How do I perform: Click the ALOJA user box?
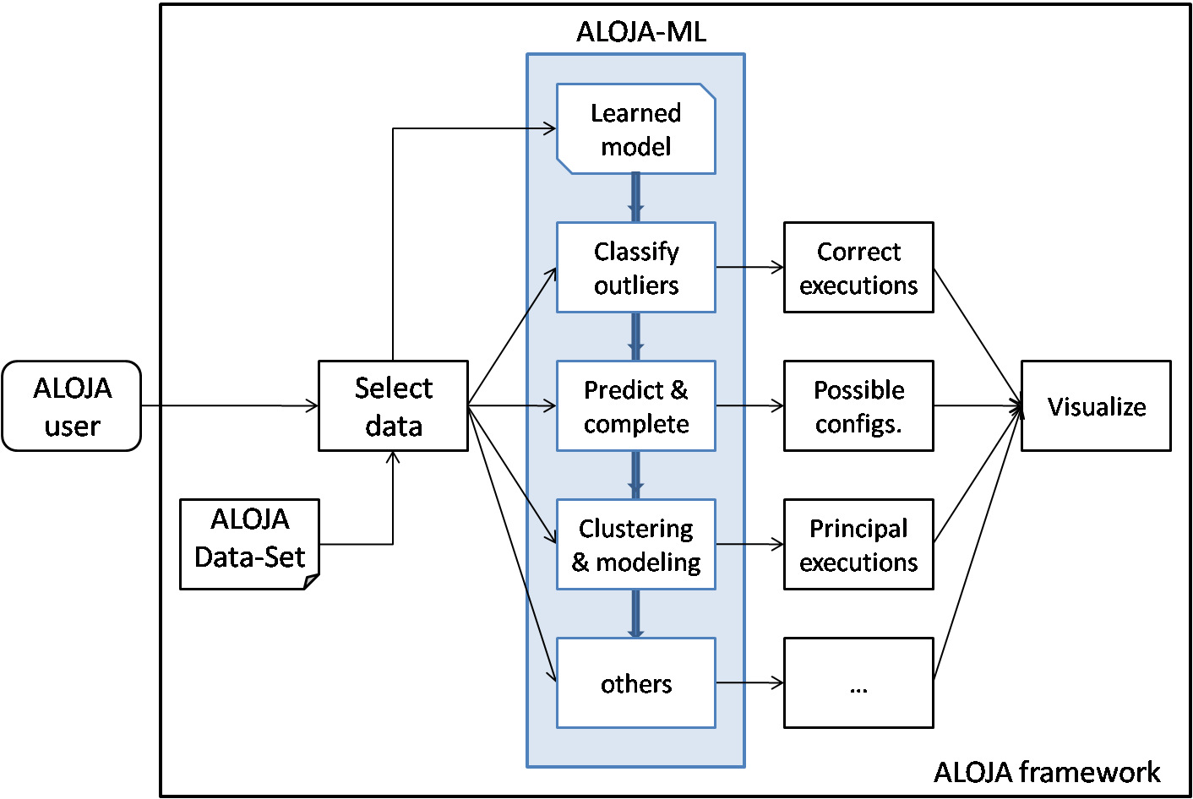coord(72,406)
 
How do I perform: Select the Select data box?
coord(393,406)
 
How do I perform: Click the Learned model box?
coord(635,129)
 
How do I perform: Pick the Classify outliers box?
coord(635,268)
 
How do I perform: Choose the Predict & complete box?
coord(635,406)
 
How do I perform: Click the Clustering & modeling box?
coord(635,545)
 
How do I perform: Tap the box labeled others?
coord(635,683)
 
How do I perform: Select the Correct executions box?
coord(858,268)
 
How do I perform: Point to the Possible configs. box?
coord(858,406)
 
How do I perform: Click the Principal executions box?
coord(858,545)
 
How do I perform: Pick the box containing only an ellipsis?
coord(858,683)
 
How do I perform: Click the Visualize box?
coord(1096,406)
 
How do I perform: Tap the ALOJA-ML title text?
coord(640,32)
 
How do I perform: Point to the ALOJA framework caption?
coord(1046,772)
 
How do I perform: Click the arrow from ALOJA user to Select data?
coord(229,406)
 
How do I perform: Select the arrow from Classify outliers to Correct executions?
coord(749,268)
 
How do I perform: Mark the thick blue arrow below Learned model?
coord(635,198)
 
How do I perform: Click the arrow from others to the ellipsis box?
coord(749,683)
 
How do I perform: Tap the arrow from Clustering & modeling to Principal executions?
coord(749,545)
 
